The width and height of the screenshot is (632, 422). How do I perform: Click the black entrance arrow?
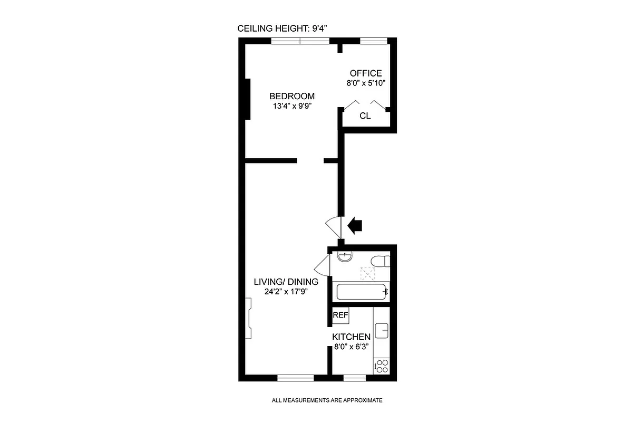click(356, 226)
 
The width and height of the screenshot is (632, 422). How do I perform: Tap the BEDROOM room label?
click(292, 96)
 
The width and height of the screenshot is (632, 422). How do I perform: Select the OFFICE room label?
click(365, 73)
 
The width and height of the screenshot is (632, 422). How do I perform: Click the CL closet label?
click(365, 116)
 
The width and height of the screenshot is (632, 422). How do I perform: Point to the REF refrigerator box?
click(341, 315)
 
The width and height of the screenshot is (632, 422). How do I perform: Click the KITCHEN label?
click(351, 337)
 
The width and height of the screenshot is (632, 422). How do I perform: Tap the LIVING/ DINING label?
click(286, 282)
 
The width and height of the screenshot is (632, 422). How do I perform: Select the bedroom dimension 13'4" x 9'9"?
click(292, 105)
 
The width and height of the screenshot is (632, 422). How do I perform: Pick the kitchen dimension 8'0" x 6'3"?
click(351, 347)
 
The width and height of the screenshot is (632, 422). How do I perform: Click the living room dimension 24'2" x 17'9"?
click(286, 292)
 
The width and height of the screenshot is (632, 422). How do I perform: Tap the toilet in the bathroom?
click(380, 261)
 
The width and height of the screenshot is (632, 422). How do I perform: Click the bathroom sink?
click(344, 257)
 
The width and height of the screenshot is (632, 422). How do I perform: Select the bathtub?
click(362, 291)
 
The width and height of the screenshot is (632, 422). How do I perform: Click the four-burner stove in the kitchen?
click(382, 366)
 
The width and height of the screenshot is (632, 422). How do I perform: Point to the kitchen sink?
click(382, 330)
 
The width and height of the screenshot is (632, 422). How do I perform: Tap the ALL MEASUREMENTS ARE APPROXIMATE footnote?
click(327, 400)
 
